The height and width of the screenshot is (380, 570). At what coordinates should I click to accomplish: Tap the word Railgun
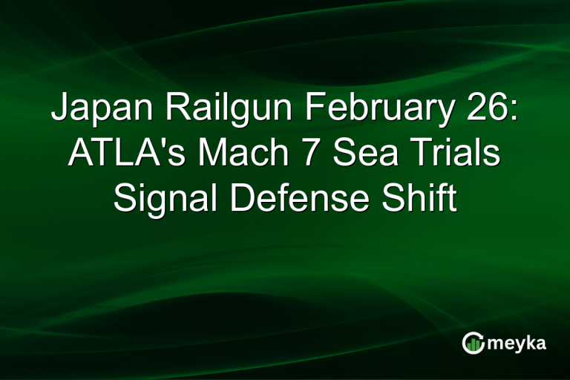[214, 111]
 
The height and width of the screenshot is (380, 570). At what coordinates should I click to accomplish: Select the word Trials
[453, 155]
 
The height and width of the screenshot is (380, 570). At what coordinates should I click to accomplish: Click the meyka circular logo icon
[473, 342]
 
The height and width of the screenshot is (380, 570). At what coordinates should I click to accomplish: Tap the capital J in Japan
[60, 111]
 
